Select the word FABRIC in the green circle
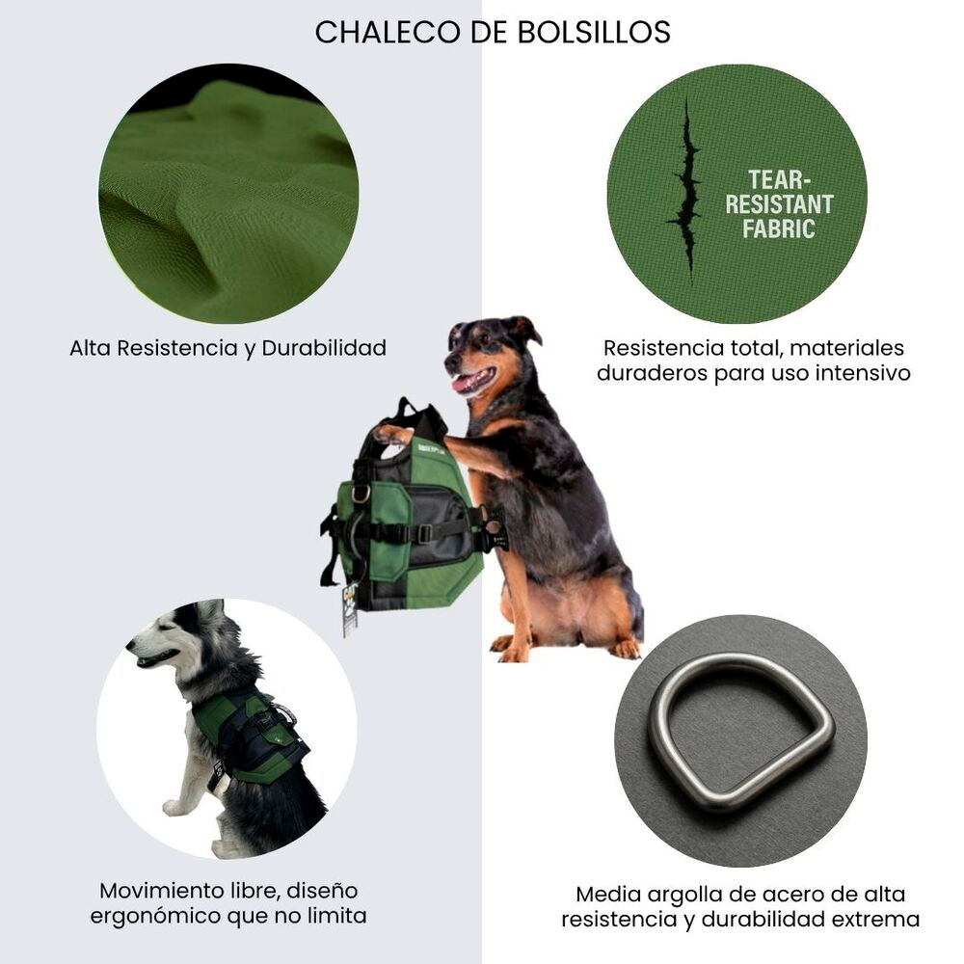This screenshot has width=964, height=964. click(778, 228)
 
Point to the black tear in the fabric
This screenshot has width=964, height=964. click(686, 188)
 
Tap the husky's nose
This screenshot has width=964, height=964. click(129, 645)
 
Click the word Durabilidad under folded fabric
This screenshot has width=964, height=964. click(324, 348)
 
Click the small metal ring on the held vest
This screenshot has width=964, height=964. click(361, 492)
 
